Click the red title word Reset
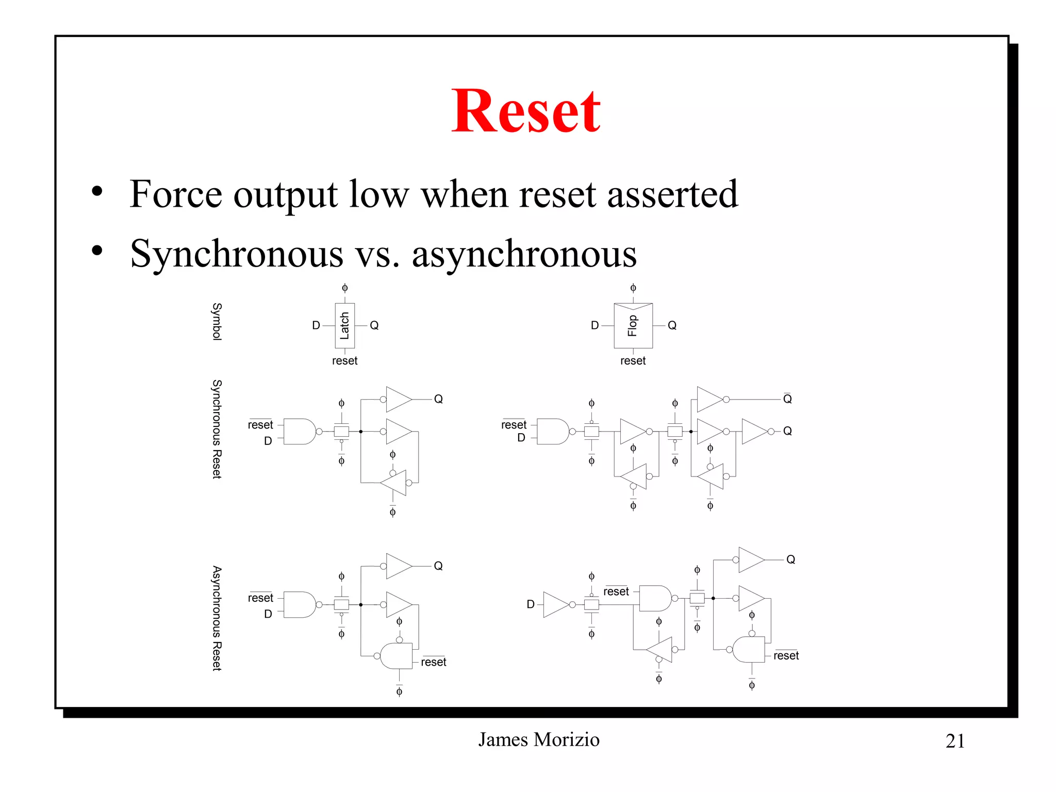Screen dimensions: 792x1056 coord(525,111)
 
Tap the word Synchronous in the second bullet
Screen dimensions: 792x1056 coord(236,254)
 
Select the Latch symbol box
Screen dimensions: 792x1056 coord(344,325)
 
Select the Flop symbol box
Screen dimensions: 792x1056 coord(633,325)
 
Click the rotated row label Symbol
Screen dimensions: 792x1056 coord(217,321)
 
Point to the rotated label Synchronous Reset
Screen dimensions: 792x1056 coord(217,429)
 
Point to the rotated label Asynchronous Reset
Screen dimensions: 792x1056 coord(217,618)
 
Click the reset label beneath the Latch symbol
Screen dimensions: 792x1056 coord(344,361)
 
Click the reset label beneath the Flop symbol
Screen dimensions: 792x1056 coord(633,361)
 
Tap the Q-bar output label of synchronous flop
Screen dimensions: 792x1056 coord(787,399)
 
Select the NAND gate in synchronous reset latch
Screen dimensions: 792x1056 coord(300,432)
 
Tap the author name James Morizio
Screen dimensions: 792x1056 coord(538,739)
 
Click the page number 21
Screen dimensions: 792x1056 coord(954,741)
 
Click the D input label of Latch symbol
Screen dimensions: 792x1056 coord(316,325)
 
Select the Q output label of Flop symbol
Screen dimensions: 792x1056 coord(672,325)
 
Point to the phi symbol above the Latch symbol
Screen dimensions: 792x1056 coord(344,288)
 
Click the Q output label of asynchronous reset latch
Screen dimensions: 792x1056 coord(438,566)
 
